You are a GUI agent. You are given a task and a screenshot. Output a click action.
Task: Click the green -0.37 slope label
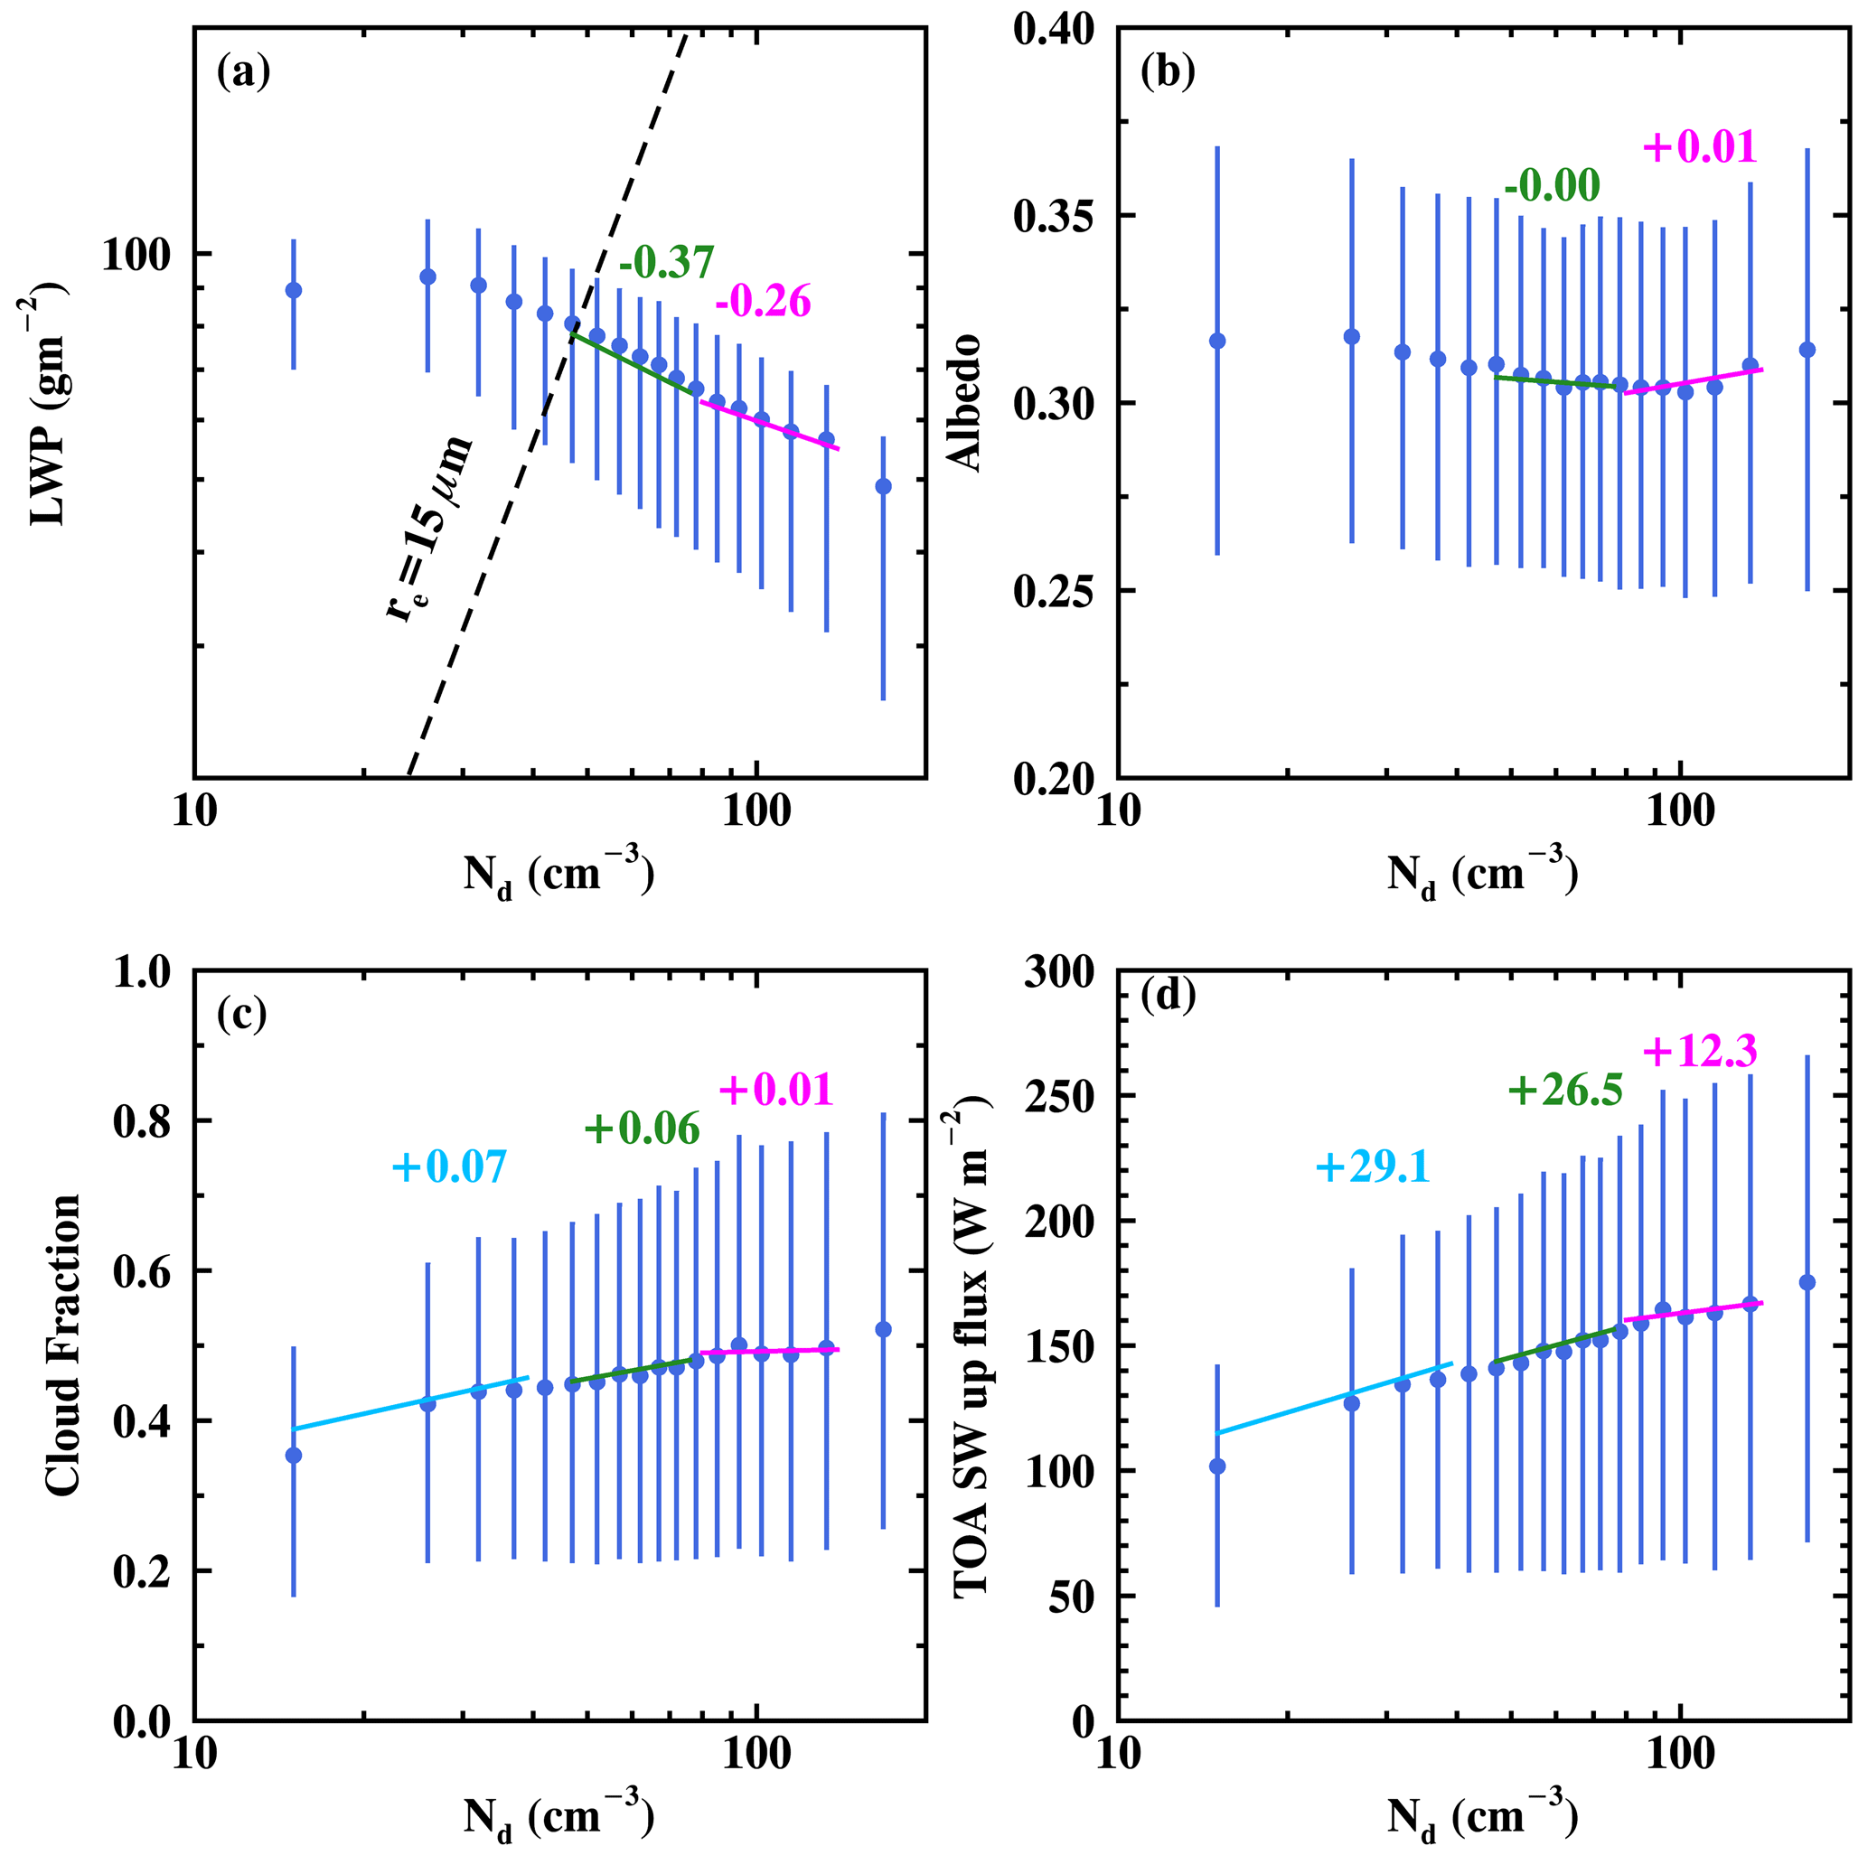click(666, 262)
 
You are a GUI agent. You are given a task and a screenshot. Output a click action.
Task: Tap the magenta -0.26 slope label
click(763, 303)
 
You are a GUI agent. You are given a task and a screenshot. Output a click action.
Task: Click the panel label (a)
click(244, 72)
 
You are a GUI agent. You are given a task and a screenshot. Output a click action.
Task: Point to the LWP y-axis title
click(48, 404)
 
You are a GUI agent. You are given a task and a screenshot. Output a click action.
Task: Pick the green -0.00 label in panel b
click(1552, 184)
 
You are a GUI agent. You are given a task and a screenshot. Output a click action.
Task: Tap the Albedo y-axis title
click(967, 404)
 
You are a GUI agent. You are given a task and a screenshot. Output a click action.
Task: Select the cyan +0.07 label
click(448, 1167)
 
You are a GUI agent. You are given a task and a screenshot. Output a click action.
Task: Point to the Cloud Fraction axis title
click(63, 1347)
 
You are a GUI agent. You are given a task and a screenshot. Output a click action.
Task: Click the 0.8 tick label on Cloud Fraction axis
click(142, 1121)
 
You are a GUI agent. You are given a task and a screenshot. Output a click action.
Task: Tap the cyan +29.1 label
click(1372, 1168)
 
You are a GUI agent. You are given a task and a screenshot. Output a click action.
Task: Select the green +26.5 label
click(1565, 1091)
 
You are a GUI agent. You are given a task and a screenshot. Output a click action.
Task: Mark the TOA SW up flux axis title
click(974, 1347)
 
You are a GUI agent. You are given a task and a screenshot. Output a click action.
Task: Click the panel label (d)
click(1168, 995)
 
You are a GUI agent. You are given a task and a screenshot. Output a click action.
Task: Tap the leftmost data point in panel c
click(294, 1455)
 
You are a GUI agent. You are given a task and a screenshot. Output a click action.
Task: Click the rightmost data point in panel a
click(883, 486)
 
